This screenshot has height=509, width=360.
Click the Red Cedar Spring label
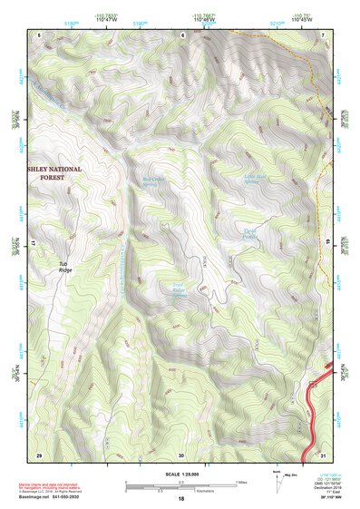[157, 181]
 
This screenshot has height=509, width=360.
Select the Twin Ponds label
[247, 233]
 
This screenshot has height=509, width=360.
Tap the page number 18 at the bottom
[181, 499]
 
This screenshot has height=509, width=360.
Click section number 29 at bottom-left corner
[39, 454]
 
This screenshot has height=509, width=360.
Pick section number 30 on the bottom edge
[181, 454]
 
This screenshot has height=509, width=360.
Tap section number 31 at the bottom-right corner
[325, 454]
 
